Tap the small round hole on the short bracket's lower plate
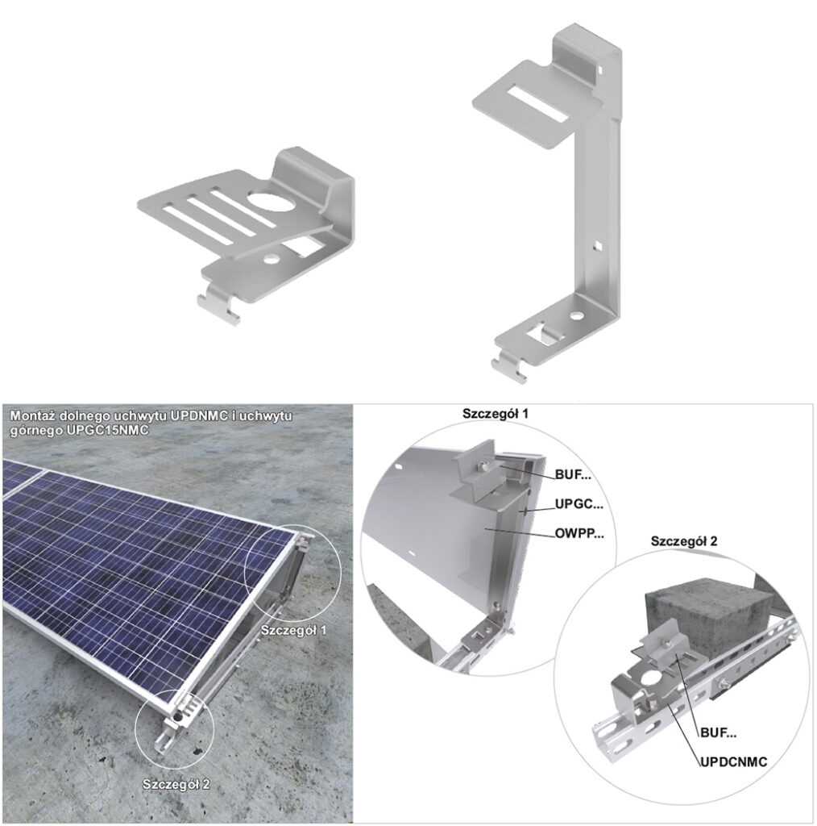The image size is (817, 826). coord(272,259)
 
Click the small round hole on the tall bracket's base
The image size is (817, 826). coord(578,316)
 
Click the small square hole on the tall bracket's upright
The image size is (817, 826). coord(598,244)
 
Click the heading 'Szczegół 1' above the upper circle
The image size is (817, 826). coord(496,414)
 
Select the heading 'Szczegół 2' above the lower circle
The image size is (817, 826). coord(684,541)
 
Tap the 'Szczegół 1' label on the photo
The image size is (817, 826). coord(293,630)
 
